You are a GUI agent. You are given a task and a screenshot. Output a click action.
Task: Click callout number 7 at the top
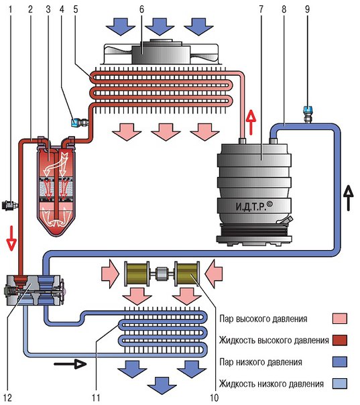tap(261, 9)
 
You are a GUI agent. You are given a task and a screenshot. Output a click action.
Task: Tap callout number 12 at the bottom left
tap(7, 398)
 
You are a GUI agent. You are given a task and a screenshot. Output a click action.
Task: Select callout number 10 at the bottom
tap(214, 398)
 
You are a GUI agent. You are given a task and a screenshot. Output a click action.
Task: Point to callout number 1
tap(10, 9)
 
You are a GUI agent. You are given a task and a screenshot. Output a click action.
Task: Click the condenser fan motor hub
tap(161, 52)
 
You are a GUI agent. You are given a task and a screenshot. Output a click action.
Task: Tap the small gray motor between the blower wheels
tap(162, 274)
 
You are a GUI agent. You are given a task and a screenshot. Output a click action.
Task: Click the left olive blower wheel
tap(137, 274)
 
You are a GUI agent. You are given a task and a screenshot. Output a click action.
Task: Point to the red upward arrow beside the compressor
tap(251, 123)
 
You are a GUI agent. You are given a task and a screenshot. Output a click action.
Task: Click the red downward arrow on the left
tap(11, 238)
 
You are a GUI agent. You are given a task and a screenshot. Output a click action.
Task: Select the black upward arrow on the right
tap(349, 198)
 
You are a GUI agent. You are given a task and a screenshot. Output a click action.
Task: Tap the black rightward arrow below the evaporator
tap(70, 364)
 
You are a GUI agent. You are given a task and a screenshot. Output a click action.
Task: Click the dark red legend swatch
tap(340, 340)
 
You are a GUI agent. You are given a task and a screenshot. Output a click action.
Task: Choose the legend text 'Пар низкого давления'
tap(261, 362)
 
